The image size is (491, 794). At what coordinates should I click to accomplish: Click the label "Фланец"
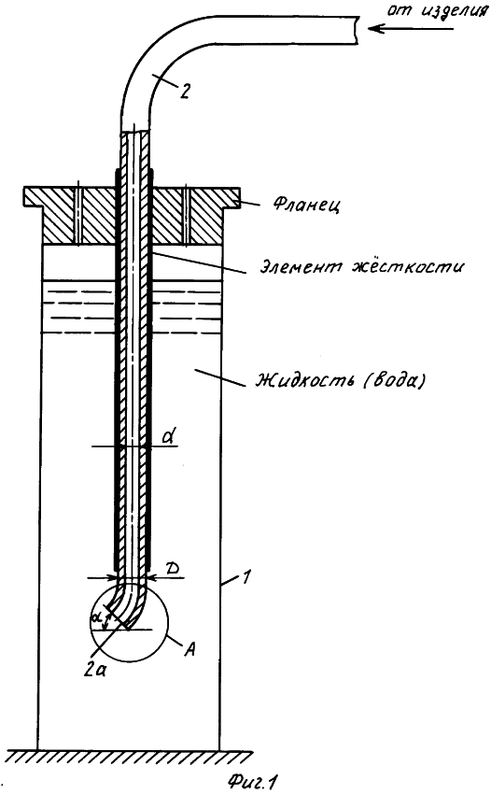coord(307,206)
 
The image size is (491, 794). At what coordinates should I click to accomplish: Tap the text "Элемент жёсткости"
coord(361,266)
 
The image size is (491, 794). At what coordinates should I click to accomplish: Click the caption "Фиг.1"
coord(253,782)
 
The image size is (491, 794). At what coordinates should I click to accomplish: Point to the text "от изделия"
coord(437,11)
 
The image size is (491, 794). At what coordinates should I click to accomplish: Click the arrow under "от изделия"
coord(411,28)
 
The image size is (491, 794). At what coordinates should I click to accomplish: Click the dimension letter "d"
coord(170,435)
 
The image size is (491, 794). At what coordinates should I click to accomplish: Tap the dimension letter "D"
coord(172,568)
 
